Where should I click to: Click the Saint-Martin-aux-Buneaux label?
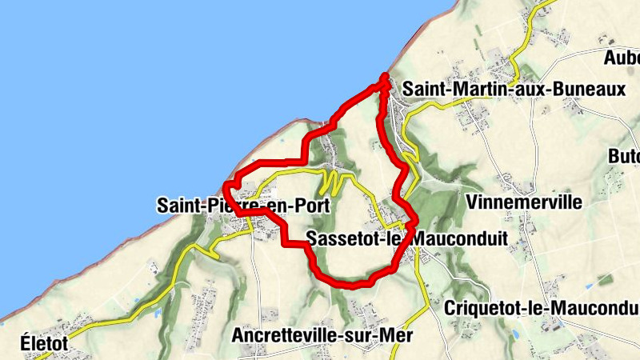[514, 90]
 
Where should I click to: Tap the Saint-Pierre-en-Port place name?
[243, 206]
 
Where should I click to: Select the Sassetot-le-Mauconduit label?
[406, 238]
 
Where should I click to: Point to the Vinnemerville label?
[523, 202]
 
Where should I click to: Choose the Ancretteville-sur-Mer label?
[322, 336]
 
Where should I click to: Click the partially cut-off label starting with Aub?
[622, 58]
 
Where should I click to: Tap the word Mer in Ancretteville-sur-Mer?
[397, 336]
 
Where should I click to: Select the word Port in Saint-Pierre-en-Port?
[314, 206]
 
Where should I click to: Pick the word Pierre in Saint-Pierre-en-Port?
[227, 206]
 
